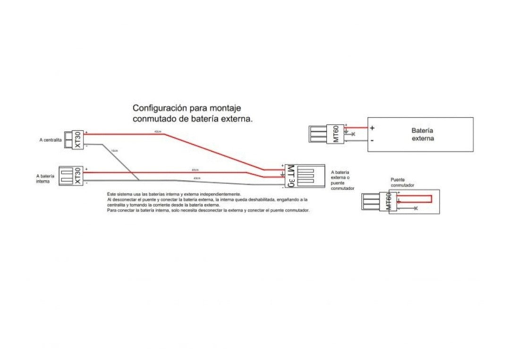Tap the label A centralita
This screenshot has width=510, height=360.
pos(51,140)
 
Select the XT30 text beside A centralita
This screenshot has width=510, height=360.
pos(78,140)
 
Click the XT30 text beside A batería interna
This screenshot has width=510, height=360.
pos(78,176)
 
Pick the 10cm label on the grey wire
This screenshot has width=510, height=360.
pos(114,151)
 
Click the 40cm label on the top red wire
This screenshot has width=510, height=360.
pos(157,131)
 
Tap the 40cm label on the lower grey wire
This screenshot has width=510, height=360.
pos(196,178)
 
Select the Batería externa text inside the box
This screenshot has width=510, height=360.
pos(422,134)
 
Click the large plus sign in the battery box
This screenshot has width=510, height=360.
pos(372,128)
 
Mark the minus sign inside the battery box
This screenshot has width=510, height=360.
pos(372,140)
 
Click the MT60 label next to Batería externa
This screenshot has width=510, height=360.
pos(336,134)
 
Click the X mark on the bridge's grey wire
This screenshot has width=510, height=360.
pos(416,208)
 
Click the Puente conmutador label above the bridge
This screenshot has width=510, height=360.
pos(402,182)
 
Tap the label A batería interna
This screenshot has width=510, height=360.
pos(45,178)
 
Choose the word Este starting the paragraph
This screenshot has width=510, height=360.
pos(111,194)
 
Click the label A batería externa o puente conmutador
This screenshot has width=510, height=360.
pos(342,180)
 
